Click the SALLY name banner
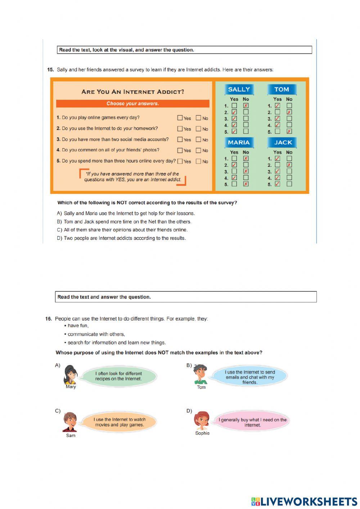(239, 89)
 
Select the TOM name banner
(282, 89)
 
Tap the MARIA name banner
(239, 142)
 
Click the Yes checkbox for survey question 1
(180, 118)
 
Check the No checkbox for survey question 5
(198, 161)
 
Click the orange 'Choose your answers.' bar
(132, 104)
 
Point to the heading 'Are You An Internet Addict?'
(132, 92)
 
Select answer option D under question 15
(121, 238)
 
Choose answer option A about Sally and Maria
(126, 213)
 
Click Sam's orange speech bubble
(120, 422)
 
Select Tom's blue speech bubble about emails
(250, 377)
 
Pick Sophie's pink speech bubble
(253, 422)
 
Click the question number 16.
(49, 319)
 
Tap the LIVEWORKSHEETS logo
(304, 501)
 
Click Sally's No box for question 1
(246, 106)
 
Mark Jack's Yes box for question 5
(278, 184)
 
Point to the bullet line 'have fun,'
(78, 326)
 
